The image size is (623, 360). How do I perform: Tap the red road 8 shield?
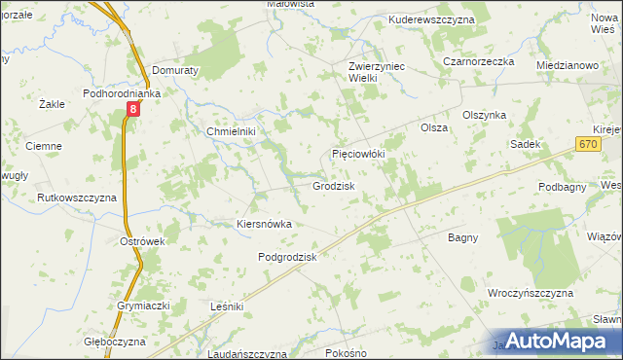click(133, 112)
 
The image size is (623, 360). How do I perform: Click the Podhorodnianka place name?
click(121, 94)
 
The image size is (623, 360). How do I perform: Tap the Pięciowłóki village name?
click(360, 154)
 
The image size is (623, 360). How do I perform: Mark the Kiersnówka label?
click(265, 224)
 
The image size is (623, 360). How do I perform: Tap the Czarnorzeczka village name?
click(477, 60)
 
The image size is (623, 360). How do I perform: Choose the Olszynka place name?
click(485, 114)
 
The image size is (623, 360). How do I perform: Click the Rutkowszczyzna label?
click(77, 198)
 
